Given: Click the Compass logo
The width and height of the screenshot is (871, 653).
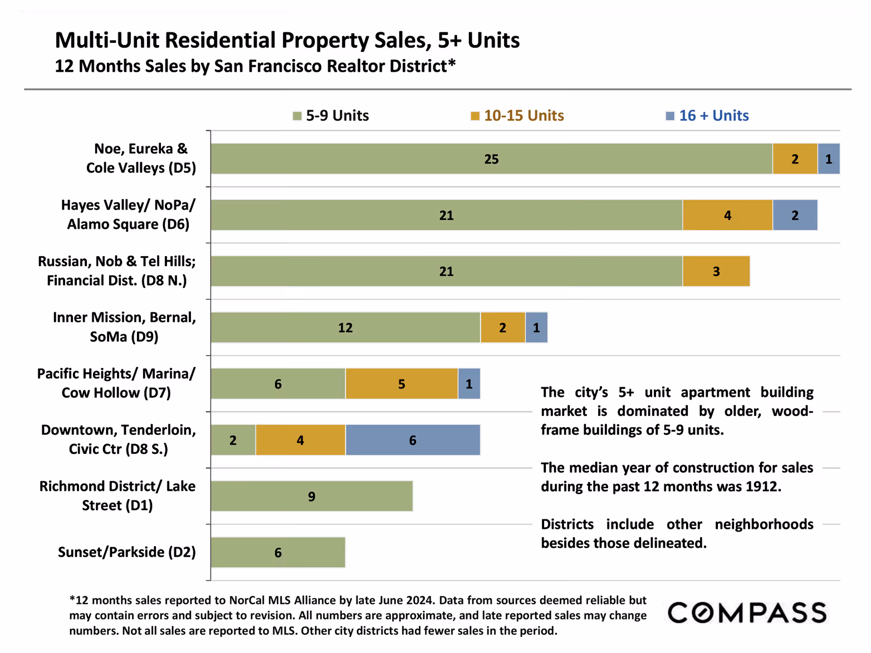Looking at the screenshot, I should pos(747,613).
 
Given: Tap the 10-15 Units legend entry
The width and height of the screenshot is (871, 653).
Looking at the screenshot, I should pos(517,116).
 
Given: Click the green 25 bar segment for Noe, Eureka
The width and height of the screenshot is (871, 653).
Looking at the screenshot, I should pos(491,159).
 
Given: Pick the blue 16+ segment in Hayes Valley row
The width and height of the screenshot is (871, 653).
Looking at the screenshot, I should pos(795,215).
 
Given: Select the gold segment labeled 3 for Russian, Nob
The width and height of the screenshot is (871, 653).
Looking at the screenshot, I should pos(716,272).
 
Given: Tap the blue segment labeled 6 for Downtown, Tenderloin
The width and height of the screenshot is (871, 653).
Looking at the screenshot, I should pos(413,440).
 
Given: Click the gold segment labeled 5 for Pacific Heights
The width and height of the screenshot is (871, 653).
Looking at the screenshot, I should pos(402,384).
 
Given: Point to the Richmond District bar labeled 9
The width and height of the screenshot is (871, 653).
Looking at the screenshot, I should pos(312,497).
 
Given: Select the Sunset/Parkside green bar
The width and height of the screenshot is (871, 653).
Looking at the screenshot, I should pos(278,553).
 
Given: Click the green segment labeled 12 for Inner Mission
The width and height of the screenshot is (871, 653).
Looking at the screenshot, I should pos(345,328).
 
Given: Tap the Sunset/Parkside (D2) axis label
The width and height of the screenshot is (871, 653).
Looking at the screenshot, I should pos(126,552).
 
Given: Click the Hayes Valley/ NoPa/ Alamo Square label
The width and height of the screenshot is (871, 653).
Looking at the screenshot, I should pos(128,215).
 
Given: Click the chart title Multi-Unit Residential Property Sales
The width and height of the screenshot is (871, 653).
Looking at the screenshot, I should pos(287,41).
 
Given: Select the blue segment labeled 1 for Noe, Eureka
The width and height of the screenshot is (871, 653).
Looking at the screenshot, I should pos(829,159).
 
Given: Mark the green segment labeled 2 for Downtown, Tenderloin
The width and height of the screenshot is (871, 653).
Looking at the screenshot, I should pos(233,440).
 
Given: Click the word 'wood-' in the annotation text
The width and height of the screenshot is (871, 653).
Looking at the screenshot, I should pos(792,411).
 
